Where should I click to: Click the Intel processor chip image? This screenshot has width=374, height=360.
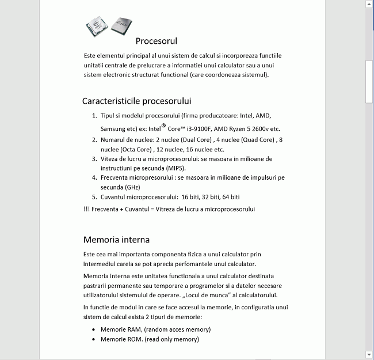point(98,26)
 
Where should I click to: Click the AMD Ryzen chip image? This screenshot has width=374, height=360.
point(123,26)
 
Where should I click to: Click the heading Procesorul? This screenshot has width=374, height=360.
point(157,41)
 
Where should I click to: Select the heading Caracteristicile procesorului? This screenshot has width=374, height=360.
point(136,101)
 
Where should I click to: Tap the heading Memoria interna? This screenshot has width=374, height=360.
point(116,239)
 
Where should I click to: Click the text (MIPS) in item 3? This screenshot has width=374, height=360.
point(175,168)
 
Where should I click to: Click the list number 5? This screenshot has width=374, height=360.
point(94,197)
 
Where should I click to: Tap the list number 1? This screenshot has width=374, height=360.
point(94,116)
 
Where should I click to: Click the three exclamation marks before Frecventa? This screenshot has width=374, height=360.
point(86,209)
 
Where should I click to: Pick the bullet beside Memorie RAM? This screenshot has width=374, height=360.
point(94,329)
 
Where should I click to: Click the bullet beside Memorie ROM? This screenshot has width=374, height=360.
point(94,340)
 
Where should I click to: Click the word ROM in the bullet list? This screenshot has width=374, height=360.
point(133,340)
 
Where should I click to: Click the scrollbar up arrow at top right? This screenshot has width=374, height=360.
point(369,4)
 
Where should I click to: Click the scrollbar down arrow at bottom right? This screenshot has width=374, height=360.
point(369,354)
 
